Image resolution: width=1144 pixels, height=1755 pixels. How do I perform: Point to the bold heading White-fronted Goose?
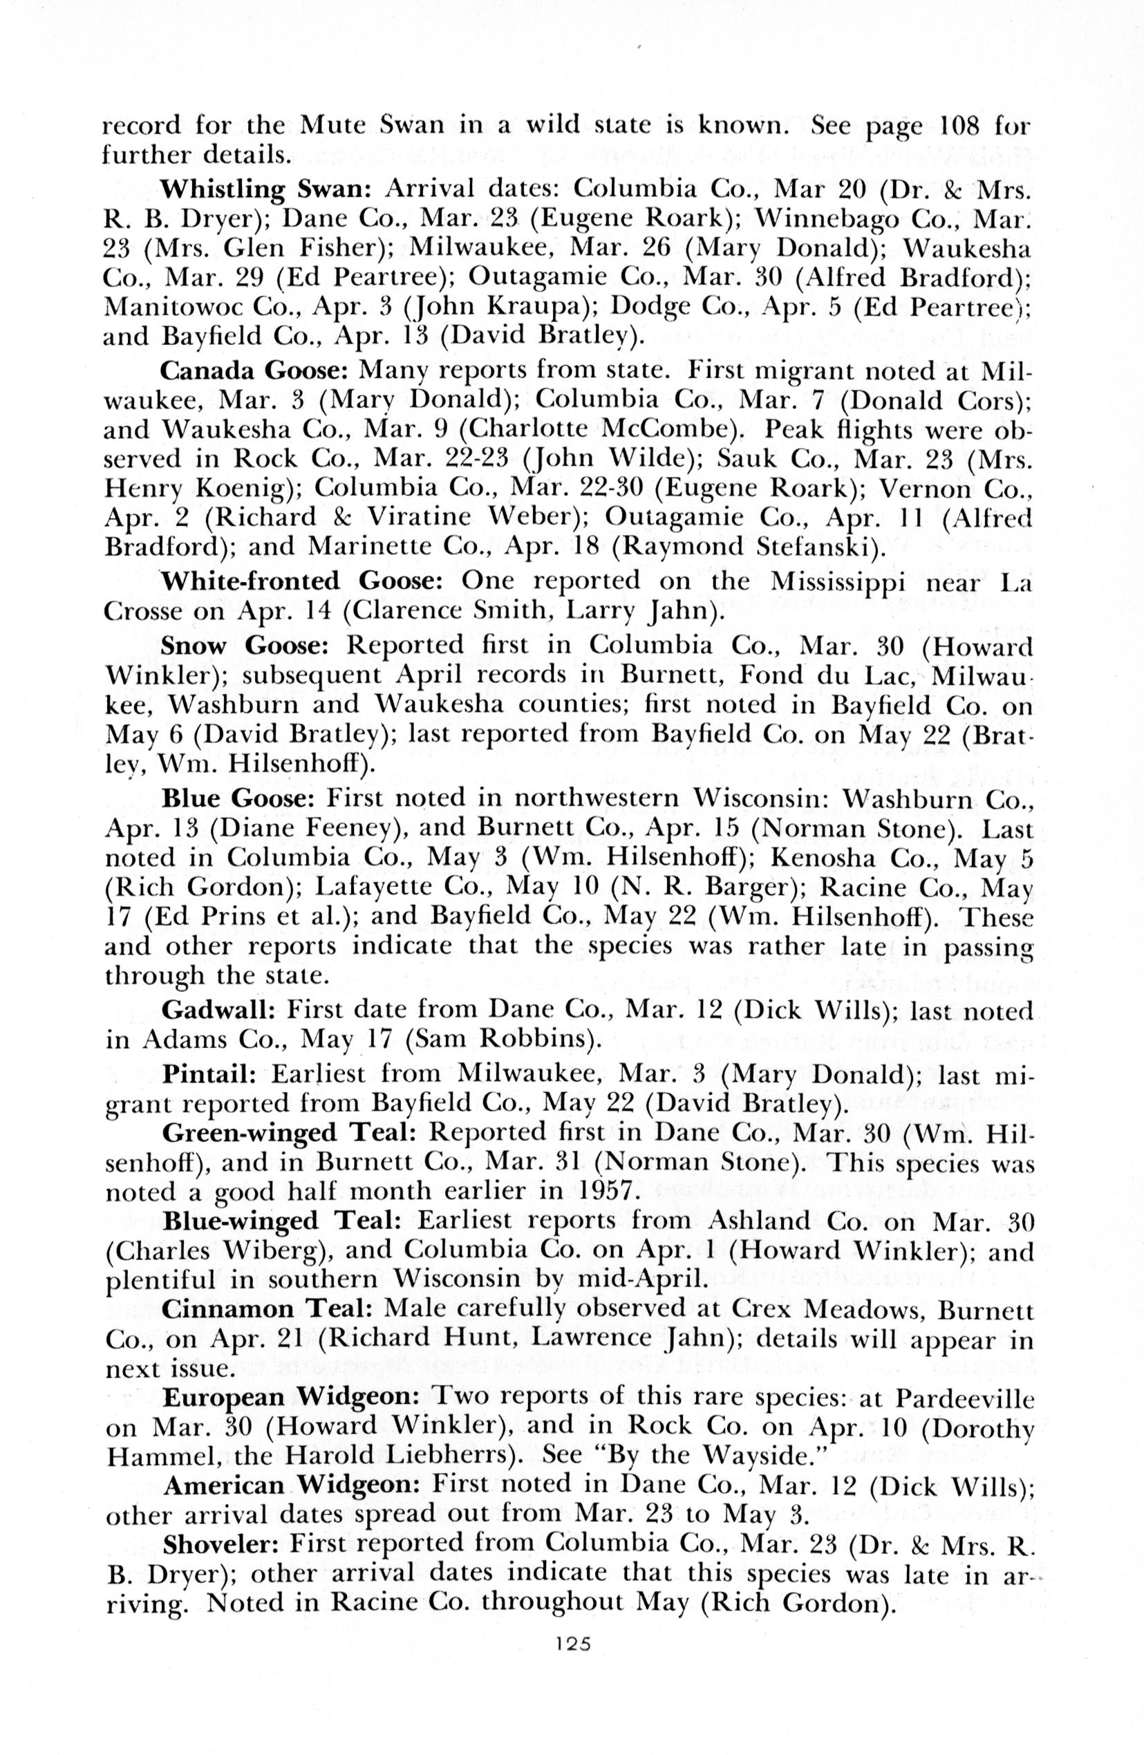point(301,582)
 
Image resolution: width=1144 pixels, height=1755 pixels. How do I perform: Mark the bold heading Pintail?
point(209,1073)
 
